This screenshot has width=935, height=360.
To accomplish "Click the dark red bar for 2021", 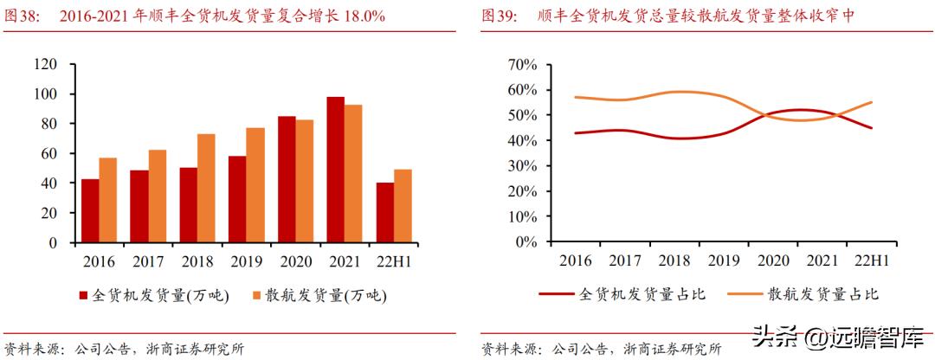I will [335, 170].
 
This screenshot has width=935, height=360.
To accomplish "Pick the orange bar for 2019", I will [255, 185].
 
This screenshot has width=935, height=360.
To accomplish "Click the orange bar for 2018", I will [205, 188].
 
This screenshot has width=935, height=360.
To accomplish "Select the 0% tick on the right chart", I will [527, 242].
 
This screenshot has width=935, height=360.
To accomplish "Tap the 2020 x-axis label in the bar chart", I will [294, 260].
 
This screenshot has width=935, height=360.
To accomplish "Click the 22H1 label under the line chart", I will [871, 260].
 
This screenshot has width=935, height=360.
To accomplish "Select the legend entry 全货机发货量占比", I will [642, 294].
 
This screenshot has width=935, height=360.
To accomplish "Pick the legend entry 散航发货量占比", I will [822, 294].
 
